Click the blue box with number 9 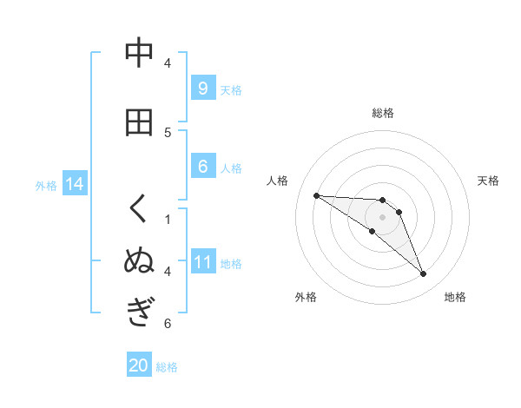[202, 88]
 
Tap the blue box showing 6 [202, 167]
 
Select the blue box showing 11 [202, 261]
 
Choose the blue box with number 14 [74, 184]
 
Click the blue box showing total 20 [139, 365]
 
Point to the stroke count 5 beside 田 [168, 132]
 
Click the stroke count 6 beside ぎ [168, 324]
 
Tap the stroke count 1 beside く [168, 219]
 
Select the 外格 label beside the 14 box [45, 185]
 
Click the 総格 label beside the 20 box [167, 367]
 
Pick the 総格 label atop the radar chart [382, 113]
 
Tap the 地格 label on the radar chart [455, 297]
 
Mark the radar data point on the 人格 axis [316, 195]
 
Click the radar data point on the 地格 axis [423, 274]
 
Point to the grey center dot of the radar [382, 217]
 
